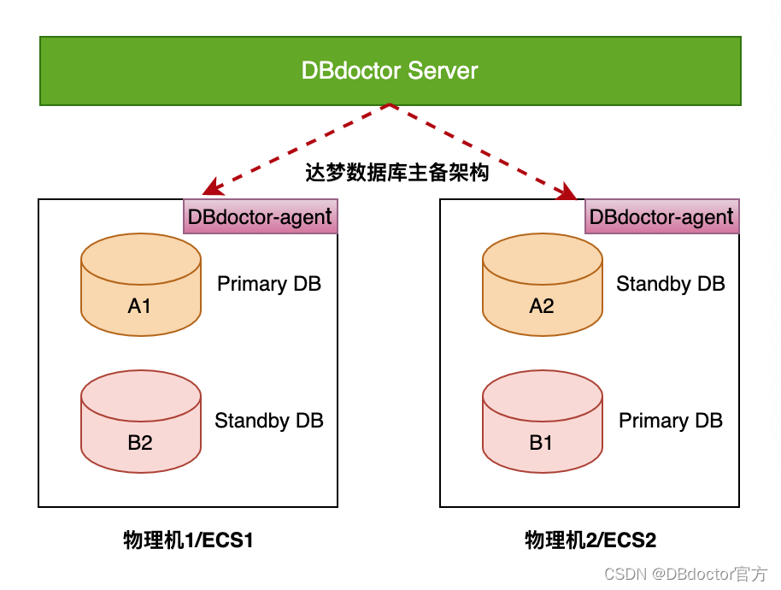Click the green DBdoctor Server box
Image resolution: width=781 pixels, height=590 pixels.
click(x=390, y=70)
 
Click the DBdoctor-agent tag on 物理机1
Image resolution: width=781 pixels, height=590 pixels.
click(x=261, y=216)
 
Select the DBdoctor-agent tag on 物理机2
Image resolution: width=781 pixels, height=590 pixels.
click(x=661, y=216)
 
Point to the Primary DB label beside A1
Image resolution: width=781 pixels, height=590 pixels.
click(x=269, y=284)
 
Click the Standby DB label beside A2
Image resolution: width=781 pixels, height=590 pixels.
click(x=671, y=284)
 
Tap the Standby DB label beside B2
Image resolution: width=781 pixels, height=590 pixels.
click(x=269, y=421)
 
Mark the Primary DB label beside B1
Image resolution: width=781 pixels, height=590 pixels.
click(x=671, y=421)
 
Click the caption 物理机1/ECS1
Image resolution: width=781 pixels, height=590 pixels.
click(x=189, y=540)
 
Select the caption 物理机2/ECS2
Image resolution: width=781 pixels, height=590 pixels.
click(x=590, y=540)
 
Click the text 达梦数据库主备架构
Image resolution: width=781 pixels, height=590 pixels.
click(x=397, y=173)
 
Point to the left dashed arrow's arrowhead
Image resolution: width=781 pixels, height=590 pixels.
click(x=208, y=192)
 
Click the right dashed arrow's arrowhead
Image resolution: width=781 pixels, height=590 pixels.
click(x=570, y=194)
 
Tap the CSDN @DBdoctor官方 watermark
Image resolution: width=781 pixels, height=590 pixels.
click(x=685, y=574)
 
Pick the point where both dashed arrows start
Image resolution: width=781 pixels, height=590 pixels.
click(x=390, y=105)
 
